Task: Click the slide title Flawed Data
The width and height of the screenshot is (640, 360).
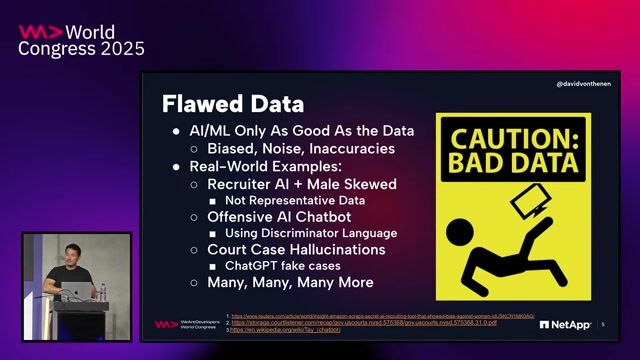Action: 234,103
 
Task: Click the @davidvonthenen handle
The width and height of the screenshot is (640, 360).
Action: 583,84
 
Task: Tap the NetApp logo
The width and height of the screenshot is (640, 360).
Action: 565,324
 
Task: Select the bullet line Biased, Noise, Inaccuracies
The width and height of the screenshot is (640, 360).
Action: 301,148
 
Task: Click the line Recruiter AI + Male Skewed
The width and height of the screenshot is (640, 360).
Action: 301,184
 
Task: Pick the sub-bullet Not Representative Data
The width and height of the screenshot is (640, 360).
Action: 294,200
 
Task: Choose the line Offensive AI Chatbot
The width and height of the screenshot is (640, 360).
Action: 282,217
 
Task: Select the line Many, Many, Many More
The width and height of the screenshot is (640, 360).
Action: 283,282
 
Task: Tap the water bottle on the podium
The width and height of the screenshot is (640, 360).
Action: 103,292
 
